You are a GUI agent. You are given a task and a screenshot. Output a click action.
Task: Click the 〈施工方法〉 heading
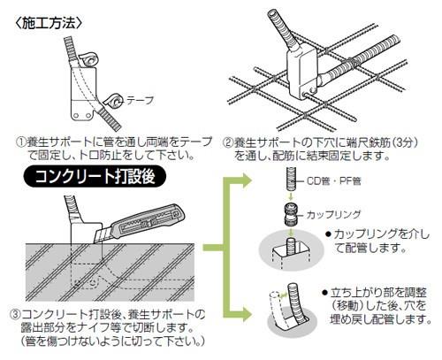click(49, 24)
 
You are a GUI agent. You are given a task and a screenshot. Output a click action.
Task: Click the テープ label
click(141, 101)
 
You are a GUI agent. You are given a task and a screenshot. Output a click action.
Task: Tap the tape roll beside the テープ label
click(113, 102)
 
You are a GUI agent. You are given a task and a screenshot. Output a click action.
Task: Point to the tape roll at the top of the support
click(88, 60)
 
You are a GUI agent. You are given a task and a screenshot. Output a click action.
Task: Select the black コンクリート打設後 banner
click(95, 177)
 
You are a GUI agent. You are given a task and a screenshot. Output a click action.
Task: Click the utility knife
click(140, 224)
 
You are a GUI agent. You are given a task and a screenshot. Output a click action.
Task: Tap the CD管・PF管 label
click(333, 180)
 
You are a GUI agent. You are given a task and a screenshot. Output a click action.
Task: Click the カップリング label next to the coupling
click(333, 214)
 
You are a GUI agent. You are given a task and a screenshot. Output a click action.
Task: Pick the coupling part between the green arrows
click(291, 214)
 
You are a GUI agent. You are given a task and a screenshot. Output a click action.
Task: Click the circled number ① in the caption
click(21, 142)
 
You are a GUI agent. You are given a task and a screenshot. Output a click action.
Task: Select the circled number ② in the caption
click(228, 142)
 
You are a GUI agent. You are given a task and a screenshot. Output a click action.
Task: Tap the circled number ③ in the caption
click(15, 315)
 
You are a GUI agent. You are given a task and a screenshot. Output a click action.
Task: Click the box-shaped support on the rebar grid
click(301, 73)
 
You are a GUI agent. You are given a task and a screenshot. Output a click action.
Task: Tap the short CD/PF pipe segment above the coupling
click(291, 179)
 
